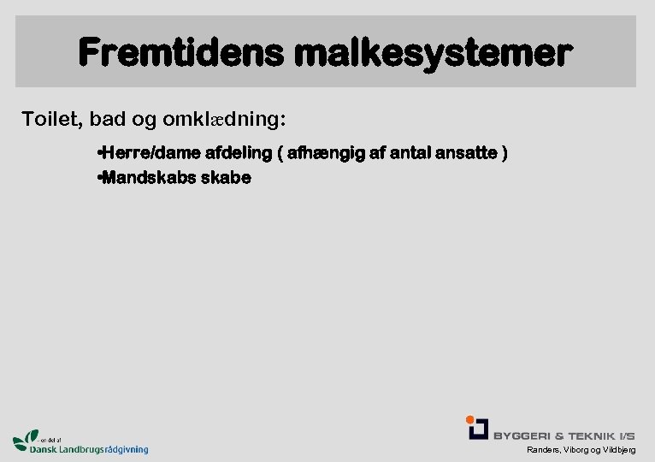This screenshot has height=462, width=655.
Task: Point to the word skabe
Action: [226, 178]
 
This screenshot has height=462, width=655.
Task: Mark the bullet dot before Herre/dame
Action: [100, 153]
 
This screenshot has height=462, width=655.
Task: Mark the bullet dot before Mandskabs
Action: [100, 178]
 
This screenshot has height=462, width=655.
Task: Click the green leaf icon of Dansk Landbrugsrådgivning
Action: [26, 439]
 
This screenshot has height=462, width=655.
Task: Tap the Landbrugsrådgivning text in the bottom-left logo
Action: [103, 449]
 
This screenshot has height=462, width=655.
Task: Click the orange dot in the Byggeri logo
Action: [470, 419]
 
